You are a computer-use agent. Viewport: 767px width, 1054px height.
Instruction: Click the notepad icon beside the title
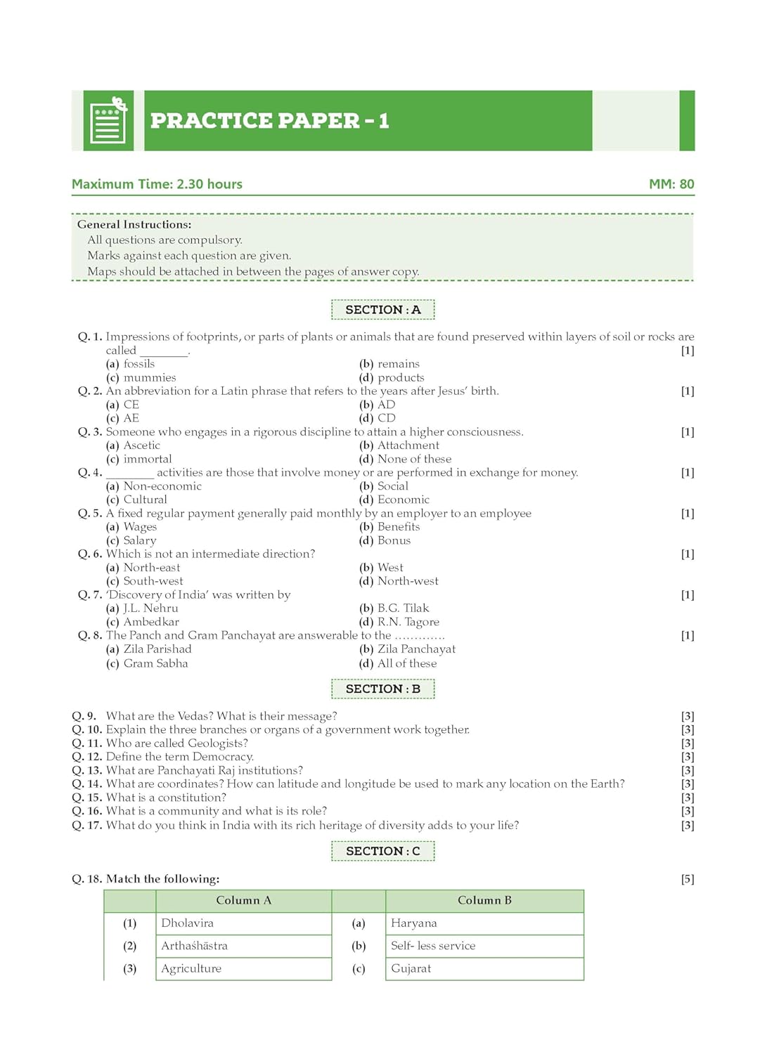pyautogui.click(x=108, y=121)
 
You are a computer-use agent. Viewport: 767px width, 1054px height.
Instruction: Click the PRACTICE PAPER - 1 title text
pyautogui.click(x=269, y=121)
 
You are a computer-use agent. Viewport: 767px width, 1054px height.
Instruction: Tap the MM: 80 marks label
pyautogui.click(x=671, y=184)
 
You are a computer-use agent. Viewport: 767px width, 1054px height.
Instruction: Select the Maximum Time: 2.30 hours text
pyautogui.click(x=157, y=184)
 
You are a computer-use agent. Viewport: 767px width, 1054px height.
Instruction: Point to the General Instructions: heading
pyautogui.click(x=134, y=224)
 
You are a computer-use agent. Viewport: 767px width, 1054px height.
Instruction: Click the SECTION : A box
pyautogui.click(x=382, y=310)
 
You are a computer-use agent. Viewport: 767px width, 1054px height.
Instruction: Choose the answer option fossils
pyautogui.click(x=138, y=364)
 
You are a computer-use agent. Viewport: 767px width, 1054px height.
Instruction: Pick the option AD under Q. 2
pyautogui.click(x=386, y=405)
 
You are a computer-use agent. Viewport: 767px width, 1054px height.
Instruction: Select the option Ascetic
pyautogui.click(x=141, y=445)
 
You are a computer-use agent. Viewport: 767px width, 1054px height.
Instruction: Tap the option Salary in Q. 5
pyautogui.click(x=139, y=540)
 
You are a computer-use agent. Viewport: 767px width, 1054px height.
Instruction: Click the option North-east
pyautogui.click(x=151, y=568)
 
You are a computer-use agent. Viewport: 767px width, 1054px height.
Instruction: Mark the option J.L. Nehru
pyautogui.click(x=150, y=609)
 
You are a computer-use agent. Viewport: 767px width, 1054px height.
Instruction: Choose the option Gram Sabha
pyautogui.click(x=155, y=663)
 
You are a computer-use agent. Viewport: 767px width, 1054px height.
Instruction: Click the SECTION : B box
pyautogui.click(x=382, y=689)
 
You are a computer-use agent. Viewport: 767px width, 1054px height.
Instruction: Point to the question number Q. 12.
pyautogui.click(x=87, y=757)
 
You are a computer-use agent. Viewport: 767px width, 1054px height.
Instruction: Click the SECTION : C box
pyautogui.click(x=382, y=852)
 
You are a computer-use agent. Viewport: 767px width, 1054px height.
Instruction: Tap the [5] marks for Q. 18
pyautogui.click(x=687, y=879)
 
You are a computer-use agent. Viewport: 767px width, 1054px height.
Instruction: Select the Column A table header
pyautogui.click(x=243, y=901)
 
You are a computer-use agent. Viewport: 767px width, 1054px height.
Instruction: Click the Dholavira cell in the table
pyautogui.click(x=187, y=923)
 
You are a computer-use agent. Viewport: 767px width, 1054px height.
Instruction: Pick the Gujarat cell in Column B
pyautogui.click(x=411, y=968)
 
